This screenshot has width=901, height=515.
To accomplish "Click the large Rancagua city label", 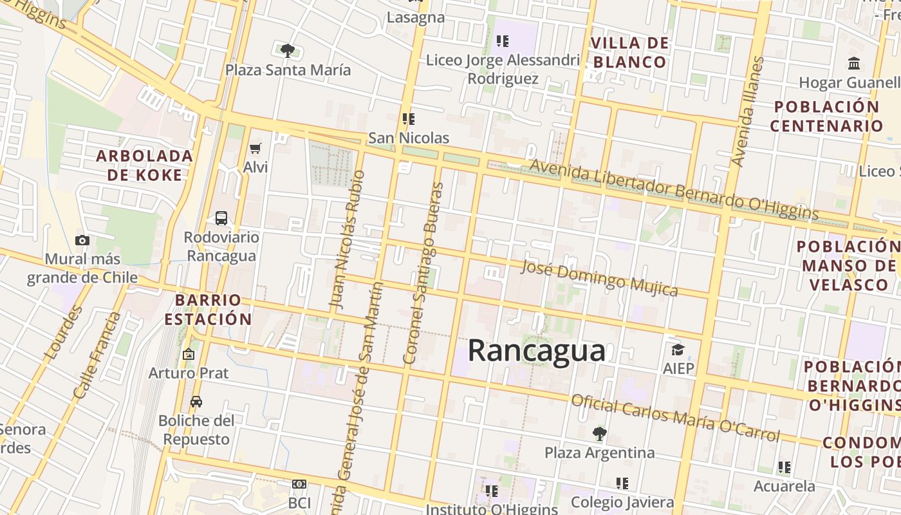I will click(536, 351).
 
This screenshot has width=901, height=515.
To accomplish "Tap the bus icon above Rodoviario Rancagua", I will click(221, 218).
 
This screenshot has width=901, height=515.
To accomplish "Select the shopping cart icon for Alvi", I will click(255, 149).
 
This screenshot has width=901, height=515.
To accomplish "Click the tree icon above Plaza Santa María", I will click(288, 50).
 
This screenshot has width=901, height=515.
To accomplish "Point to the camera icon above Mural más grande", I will click(82, 240).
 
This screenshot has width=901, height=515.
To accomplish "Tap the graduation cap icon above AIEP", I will click(678, 350).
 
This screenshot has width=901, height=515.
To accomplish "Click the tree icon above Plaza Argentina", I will click(600, 434).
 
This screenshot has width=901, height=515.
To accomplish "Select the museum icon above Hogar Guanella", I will click(855, 63).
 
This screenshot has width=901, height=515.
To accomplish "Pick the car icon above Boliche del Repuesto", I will click(196, 402).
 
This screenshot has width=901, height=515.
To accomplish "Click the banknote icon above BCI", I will click(299, 484).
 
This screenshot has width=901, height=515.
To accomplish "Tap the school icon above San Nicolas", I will click(408, 119).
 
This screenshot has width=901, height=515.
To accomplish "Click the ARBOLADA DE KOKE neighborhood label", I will click(145, 165).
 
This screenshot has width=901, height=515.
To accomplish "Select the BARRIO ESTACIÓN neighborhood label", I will click(208, 309).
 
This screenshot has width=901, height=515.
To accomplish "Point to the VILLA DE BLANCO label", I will click(629, 53).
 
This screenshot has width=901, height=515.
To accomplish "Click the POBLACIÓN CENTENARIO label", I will click(826, 116).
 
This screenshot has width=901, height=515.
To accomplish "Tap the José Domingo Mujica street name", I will click(599, 277).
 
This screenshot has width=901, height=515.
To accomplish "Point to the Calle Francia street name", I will click(97, 355).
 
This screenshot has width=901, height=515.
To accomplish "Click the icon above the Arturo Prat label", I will click(189, 354).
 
